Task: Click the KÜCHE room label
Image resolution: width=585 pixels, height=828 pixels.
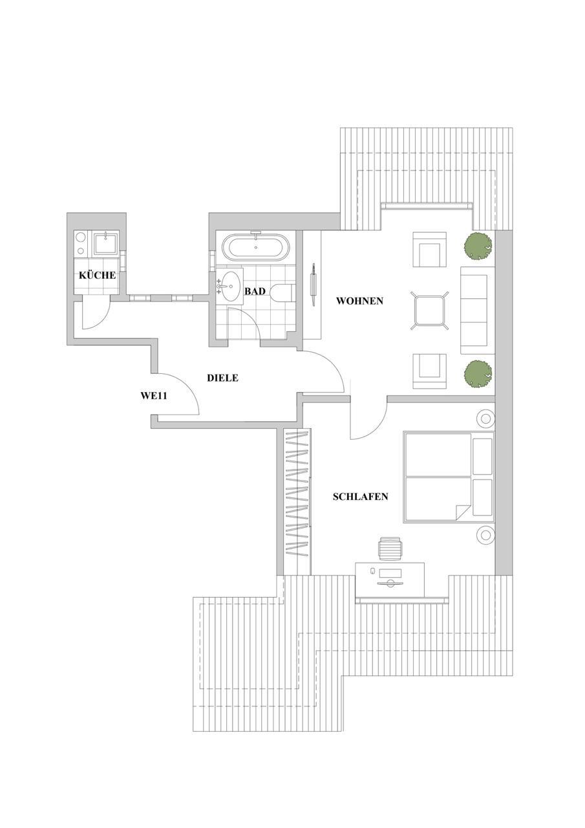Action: pyautogui.click(x=97, y=276)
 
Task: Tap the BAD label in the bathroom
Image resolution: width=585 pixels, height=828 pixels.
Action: pyautogui.click(x=255, y=292)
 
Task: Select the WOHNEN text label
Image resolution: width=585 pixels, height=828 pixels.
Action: pyautogui.click(x=359, y=301)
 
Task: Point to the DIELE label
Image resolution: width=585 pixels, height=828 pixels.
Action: pyautogui.click(x=222, y=378)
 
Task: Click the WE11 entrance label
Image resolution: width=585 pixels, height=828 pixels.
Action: pyautogui.click(x=154, y=395)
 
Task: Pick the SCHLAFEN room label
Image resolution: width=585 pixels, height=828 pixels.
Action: pyautogui.click(x=360, y=497)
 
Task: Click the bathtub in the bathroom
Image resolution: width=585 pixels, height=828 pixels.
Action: pyautogui.click(x=256, y=248)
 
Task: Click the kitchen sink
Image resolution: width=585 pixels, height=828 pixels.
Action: pyautogui.click(x=105, y=244)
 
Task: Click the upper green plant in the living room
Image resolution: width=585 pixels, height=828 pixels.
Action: pyautogui.click(x=478, y=246)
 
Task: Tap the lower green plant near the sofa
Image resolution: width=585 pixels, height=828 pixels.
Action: pyautogui.click(x=478, y=374)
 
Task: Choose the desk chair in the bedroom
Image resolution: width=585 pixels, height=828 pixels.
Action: pyautogui.click(x=390, y=549)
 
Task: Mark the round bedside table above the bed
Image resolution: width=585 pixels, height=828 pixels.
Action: pyautogui.click(x=485, y=418)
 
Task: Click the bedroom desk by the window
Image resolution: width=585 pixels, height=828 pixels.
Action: pyautogui.click(x=390, y=578)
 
